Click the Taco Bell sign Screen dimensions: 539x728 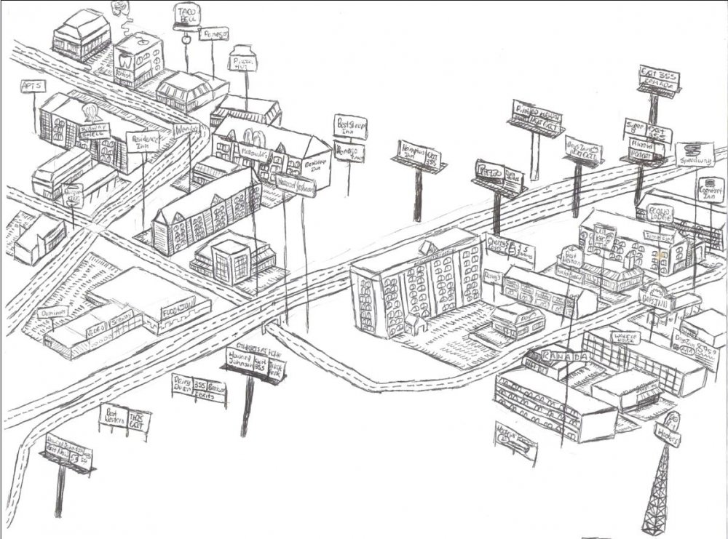click(187, 16)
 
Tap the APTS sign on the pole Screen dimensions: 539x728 click(31, 86)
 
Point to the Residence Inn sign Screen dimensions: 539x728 click(142, 141)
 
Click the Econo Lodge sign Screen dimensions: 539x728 click(653, 213)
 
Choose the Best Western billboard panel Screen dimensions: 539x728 click(113, 418)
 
